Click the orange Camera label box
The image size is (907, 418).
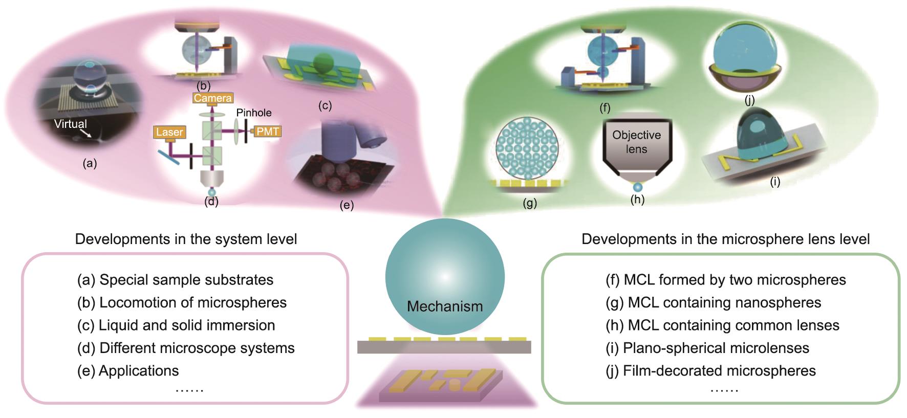212,98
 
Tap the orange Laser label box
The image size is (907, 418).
169,133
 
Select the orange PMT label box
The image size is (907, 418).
267,131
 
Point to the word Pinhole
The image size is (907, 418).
254,113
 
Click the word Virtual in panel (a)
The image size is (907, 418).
71,124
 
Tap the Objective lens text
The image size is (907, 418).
636,142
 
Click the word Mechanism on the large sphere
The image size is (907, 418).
444,306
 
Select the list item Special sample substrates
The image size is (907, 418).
175,280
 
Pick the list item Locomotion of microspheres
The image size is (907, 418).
182,302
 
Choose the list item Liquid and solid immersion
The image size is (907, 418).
176,325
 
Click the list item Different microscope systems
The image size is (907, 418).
186,348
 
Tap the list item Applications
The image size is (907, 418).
128,371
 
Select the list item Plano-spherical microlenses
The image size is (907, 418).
707,348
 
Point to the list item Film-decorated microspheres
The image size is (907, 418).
710,371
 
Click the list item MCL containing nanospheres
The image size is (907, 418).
713,302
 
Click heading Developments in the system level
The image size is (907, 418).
186,239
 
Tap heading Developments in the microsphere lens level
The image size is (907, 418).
725,239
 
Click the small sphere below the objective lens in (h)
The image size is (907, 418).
637,187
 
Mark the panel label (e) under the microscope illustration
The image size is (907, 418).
347,206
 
